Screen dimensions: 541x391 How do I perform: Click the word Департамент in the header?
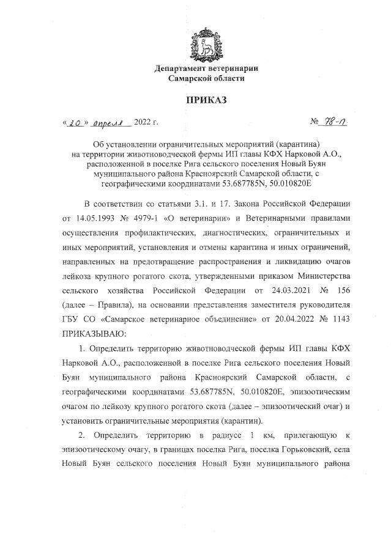tap(183, 68)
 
